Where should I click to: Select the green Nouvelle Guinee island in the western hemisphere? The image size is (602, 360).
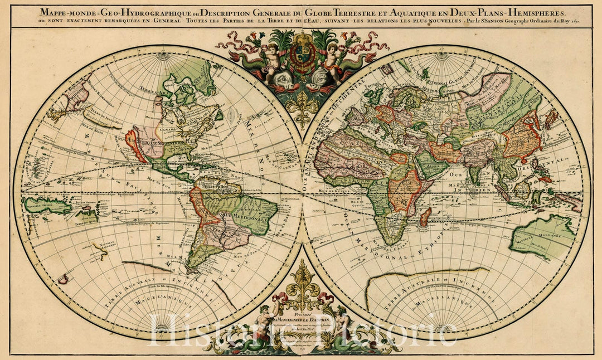pos(47,205)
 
